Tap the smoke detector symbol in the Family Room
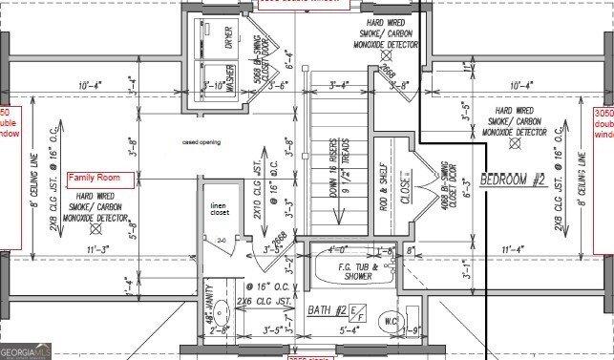coord(94,230)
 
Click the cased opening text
coord(201,142)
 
